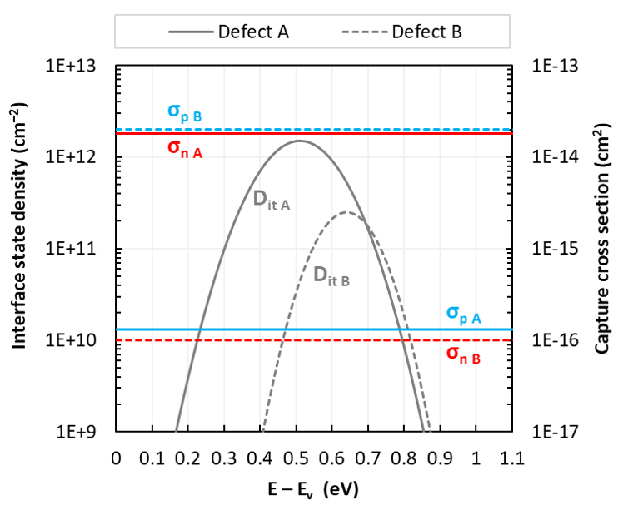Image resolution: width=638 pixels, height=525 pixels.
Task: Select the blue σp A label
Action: tap(464, 315)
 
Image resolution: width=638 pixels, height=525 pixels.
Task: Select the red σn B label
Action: tap(464, 354)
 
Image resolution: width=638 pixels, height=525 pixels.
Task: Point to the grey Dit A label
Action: tap(272, 200)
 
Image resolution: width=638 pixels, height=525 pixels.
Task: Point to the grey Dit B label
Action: tap(331, 276)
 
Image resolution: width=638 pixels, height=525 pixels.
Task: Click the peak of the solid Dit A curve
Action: tap(298, 141)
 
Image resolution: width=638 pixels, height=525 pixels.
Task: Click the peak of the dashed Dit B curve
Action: tap(346, 212)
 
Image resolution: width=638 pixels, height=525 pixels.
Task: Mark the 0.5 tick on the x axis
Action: tap(296, 458)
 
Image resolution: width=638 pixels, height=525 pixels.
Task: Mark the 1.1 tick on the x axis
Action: tap(511, 458)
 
